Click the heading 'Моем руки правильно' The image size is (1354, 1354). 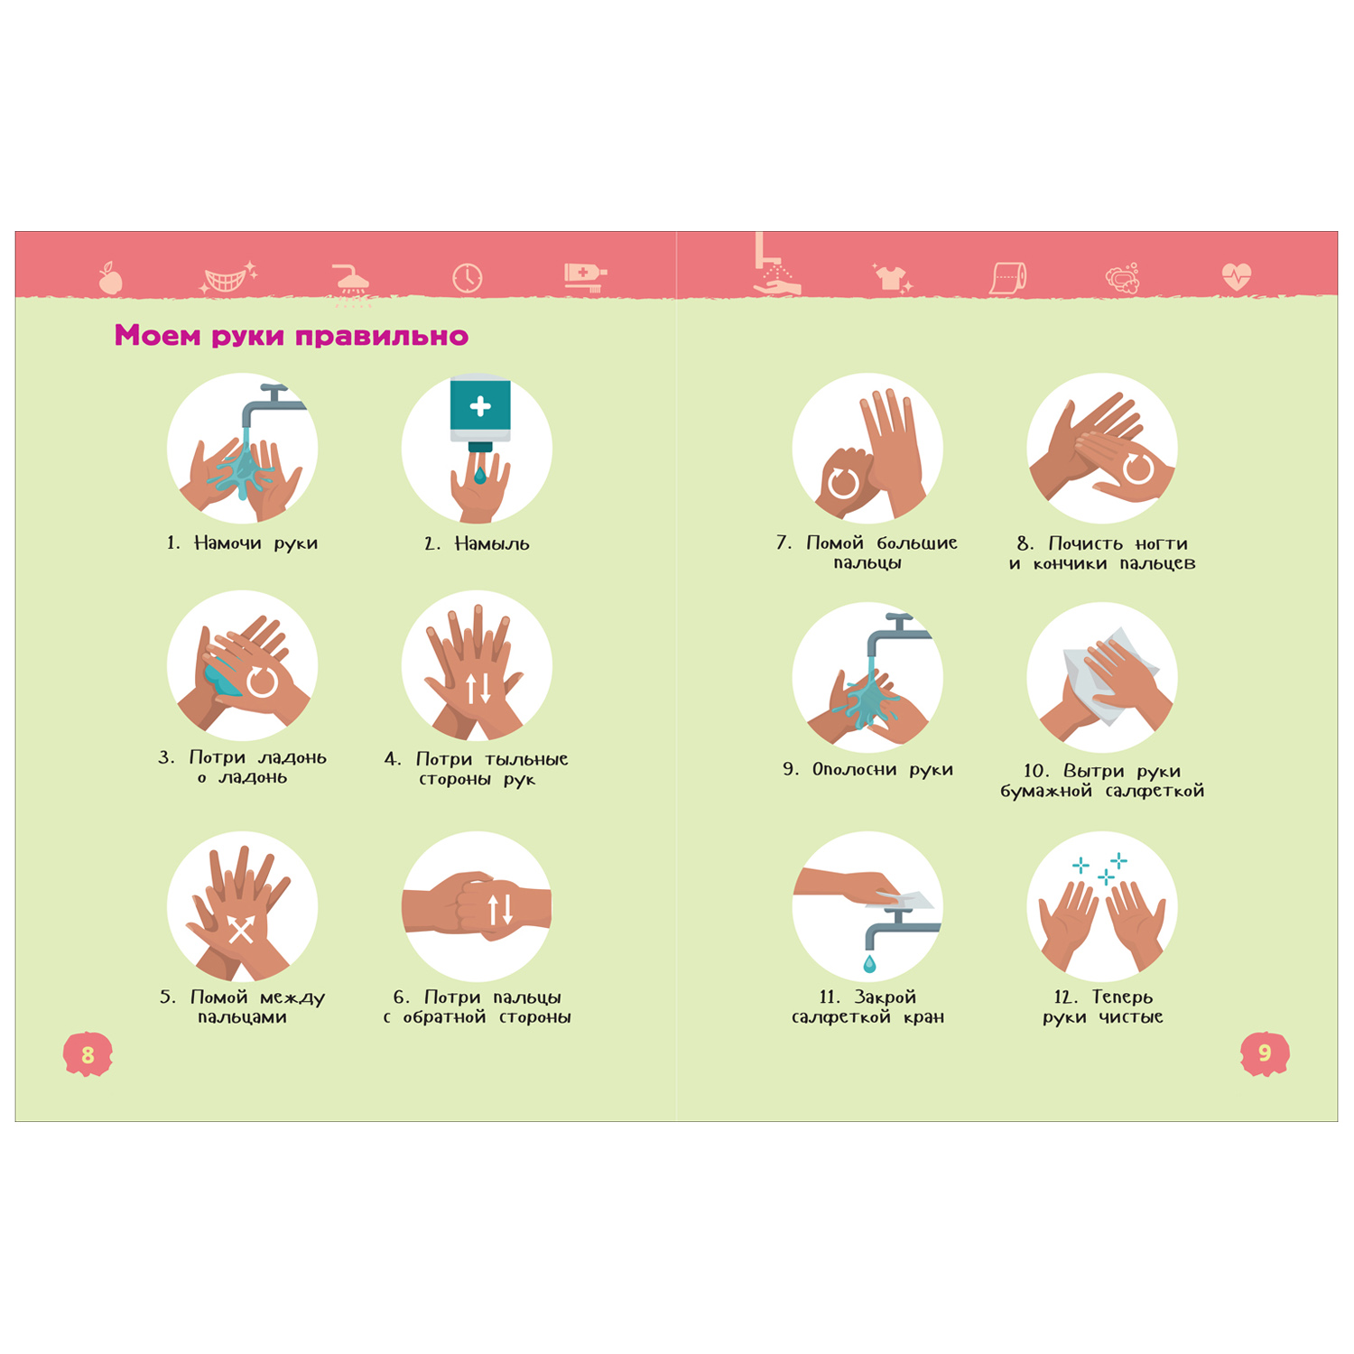click(x=292, y=336)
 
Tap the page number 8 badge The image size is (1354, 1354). click(x=88, y=1053)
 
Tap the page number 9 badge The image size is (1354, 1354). click(x=1265, y=1053)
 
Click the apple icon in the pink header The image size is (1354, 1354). click(x=110, y=278)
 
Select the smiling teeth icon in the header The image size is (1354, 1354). click(x=227, y=278)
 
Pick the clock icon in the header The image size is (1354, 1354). click(x=468, y=278)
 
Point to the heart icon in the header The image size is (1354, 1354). click(x=1237, y=275)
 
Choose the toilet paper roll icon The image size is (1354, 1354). click(x=1008, y=278)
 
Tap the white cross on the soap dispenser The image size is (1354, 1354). click(x=480, y=406)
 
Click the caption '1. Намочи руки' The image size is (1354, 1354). click(x=242, y=543)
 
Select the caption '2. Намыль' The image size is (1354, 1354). click(x=477, y=543)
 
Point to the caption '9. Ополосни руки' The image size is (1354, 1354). click(x=867, y=770)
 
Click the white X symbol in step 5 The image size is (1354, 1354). click(x=240, y=930)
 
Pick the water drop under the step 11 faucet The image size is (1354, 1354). click(x=869, y=964)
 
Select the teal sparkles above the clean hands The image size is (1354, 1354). click(x=1101, y=868)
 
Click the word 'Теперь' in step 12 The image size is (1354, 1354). click(x=1122, y=997)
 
